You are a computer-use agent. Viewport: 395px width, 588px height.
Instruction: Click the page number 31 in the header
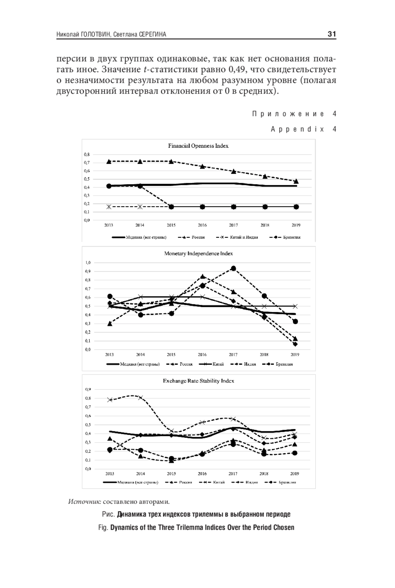pos(331,34)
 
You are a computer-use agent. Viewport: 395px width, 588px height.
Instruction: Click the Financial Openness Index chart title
pos(198,146)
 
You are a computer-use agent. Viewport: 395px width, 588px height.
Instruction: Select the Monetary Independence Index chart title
pos(198,254)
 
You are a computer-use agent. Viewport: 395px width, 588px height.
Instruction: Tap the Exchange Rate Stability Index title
pos(198,381)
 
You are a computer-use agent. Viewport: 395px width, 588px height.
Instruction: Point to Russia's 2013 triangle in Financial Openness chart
pos(109,161)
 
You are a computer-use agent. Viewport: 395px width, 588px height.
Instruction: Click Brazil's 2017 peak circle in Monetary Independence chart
pos(233,268)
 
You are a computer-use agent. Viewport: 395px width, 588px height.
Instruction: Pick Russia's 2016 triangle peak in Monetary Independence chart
pos(202,276)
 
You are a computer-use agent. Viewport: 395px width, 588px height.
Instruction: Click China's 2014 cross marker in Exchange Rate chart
pos(141,398)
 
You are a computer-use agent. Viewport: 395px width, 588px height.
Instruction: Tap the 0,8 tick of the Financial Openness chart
pos(87,154)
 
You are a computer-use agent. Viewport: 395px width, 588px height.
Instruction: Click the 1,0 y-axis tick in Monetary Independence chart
pos(88,263)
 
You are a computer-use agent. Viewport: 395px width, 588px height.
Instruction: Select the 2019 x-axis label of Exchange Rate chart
pos(295,473)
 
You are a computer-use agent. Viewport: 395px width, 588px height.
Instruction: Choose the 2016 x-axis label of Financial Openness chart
pos(202,225)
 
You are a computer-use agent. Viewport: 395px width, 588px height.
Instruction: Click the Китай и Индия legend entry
pos(244,237)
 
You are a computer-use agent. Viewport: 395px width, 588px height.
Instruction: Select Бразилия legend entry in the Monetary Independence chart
pos(284,364)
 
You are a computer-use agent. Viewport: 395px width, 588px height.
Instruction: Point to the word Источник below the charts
pos(84,502)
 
